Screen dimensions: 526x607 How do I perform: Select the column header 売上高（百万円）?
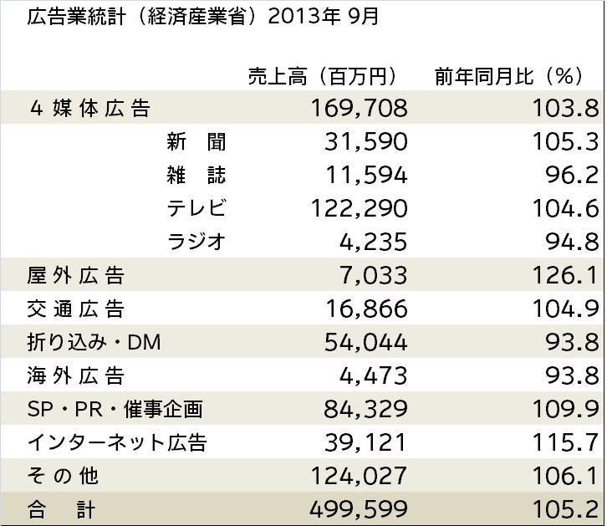(322, 76)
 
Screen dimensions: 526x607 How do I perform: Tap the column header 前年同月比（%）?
(508, 76)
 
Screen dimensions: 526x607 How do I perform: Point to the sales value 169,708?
(359, 108)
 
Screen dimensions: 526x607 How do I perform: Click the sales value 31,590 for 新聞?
(365, 141)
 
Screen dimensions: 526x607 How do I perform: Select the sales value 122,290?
(359, 208)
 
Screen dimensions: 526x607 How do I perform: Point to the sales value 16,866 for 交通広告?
(365, 309)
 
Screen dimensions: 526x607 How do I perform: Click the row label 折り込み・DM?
(94, 342)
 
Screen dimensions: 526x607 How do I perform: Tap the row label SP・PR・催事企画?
(115, 409)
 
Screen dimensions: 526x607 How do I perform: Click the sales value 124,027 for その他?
(359, 476)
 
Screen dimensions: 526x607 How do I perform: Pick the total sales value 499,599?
(359, 508)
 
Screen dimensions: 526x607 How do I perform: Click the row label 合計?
(62, 508)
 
